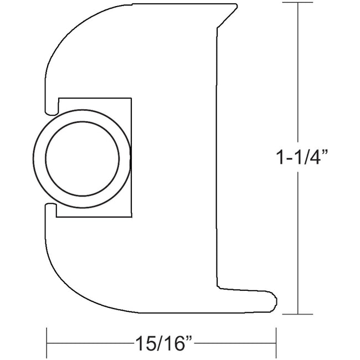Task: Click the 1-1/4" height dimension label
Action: (302, 158)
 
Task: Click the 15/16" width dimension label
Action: (161, 340)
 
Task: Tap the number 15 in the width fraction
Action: (141, 340)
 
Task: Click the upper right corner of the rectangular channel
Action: (132, 99)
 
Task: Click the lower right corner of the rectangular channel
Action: (132, 217)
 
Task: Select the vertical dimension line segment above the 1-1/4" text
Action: (299, 72)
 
